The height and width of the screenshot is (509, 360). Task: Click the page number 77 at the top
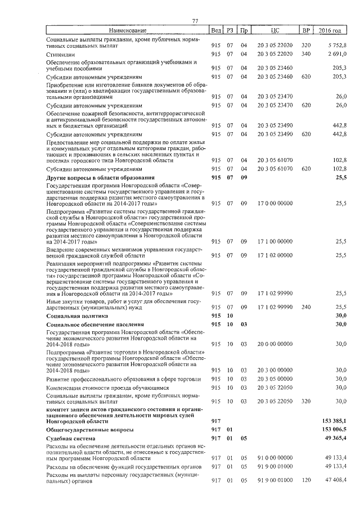point(195,21)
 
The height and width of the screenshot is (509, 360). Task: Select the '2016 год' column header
point(330,30)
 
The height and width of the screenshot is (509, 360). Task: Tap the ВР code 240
point(306,307)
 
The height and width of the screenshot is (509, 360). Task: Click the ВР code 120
point(306,479)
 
